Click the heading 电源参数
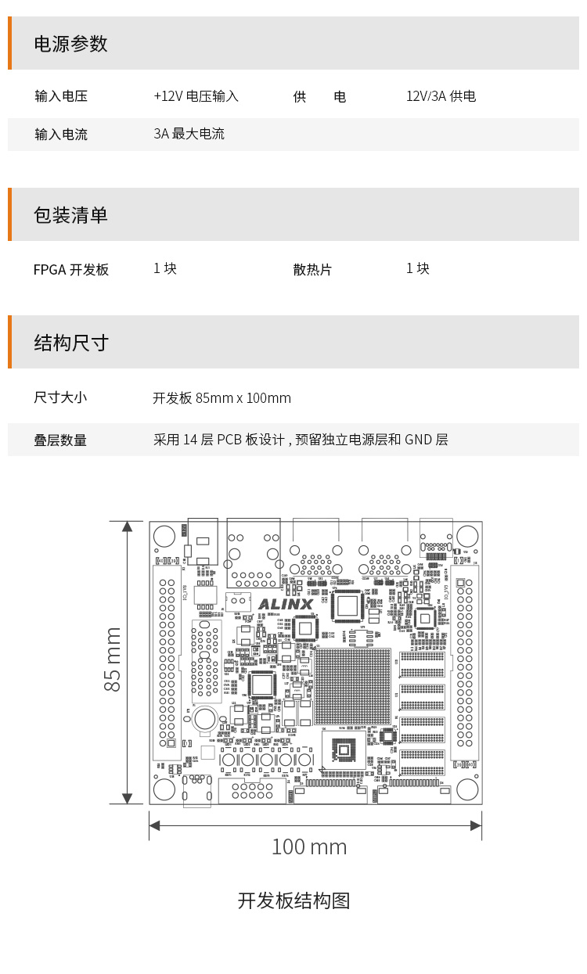pos(70,44)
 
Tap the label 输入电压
pos(61,96)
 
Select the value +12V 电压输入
pos(196,96)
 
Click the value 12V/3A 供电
pos(441,96)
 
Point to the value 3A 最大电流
pos(189,134)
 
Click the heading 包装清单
pos(70,215)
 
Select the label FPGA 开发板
pos(71,270)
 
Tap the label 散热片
pos(312,270)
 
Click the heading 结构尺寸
pos(70,343)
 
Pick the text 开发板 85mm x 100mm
pos(221,398)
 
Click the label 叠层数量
pos(60,440)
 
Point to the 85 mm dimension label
pos(113,659)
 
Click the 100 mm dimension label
pos(308,846)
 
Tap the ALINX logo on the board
pos(285,604)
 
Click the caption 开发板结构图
pos(293,900)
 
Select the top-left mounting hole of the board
pos(164,536)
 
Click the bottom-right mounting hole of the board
pos(467,789)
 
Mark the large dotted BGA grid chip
pos(352,686)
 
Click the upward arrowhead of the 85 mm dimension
pos(127,526)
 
